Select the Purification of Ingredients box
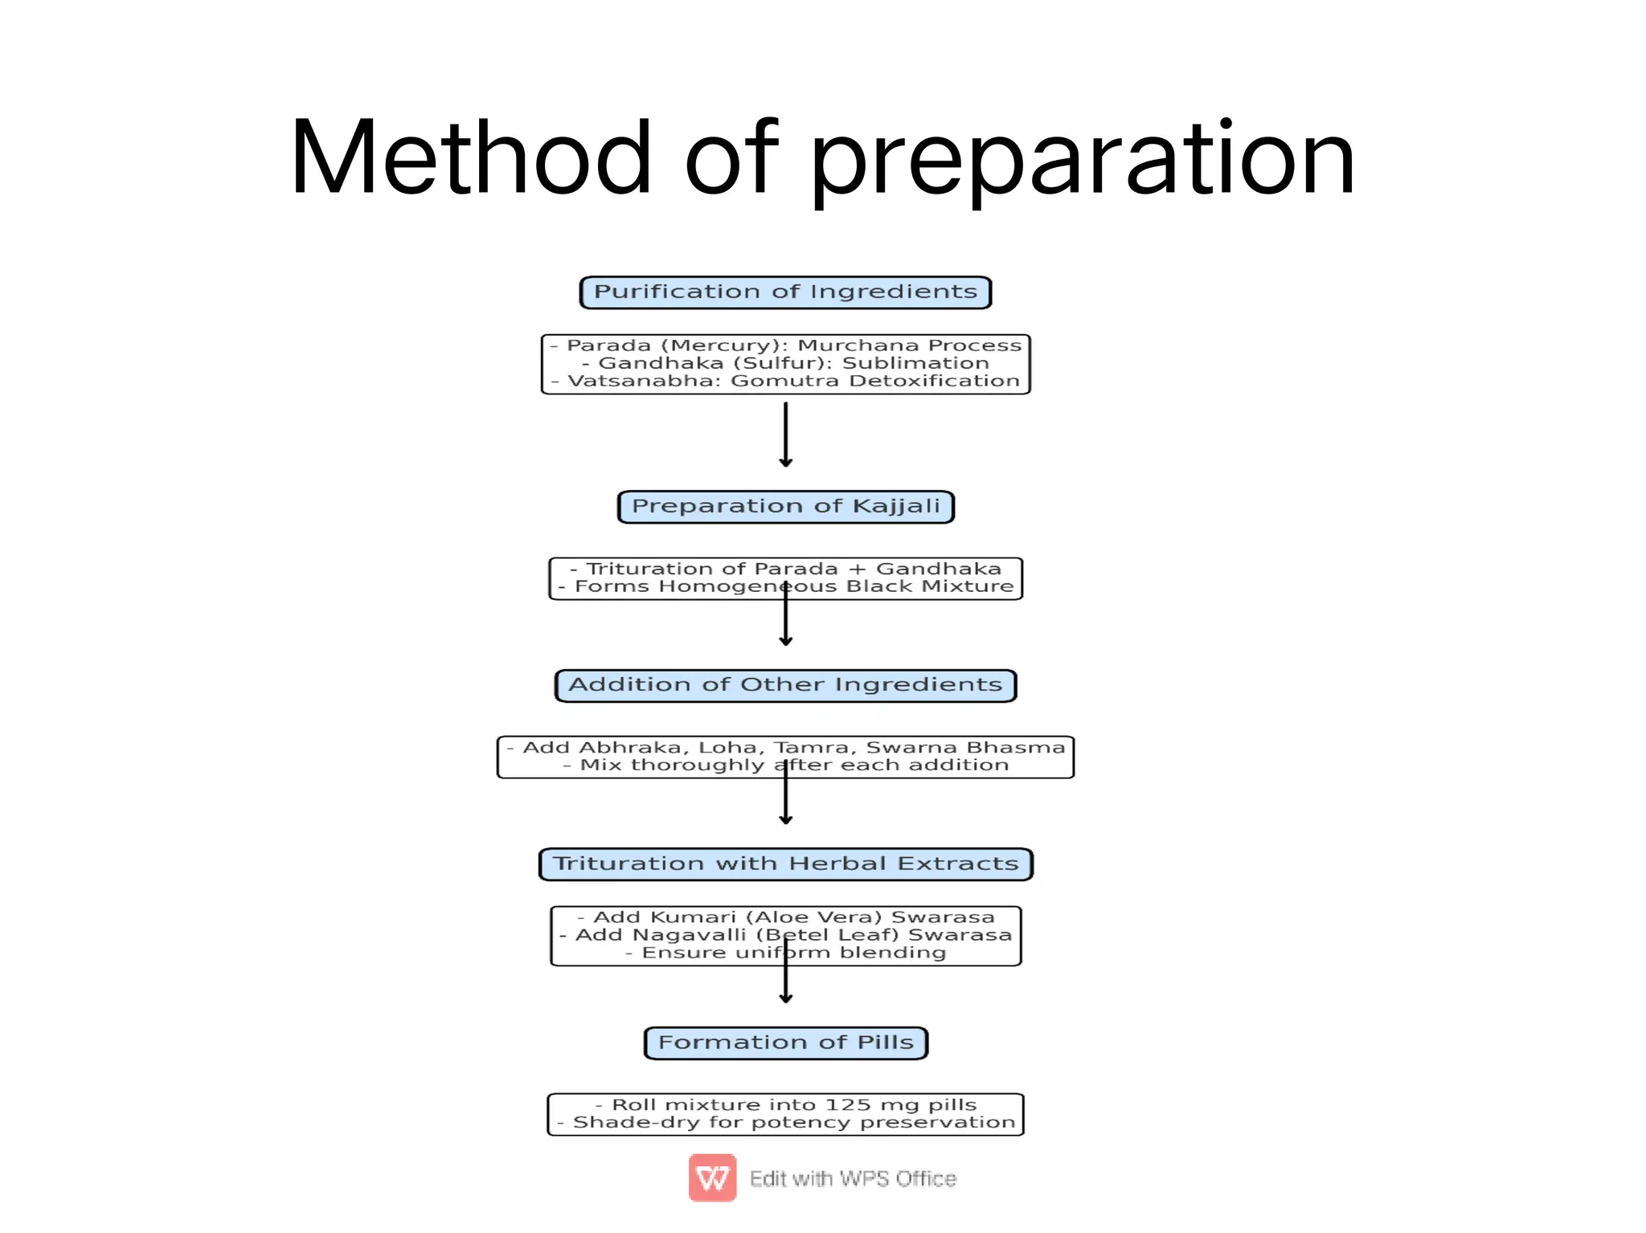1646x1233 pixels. tap(785, 292)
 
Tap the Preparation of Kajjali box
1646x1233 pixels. tap(785, 507)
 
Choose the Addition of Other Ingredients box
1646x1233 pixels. tap(785, 685)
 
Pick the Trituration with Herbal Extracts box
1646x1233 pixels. tap(785, 864)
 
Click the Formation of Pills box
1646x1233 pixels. tap(785, 1043)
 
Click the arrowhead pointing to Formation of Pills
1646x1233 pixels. tap(786, 998)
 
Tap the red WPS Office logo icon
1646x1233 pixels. tap(712, 1178)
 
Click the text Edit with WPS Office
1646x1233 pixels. tap(853, 1178)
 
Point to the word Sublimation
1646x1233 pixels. tap(915, 363)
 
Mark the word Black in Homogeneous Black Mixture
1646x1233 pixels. tap(879, 586)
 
